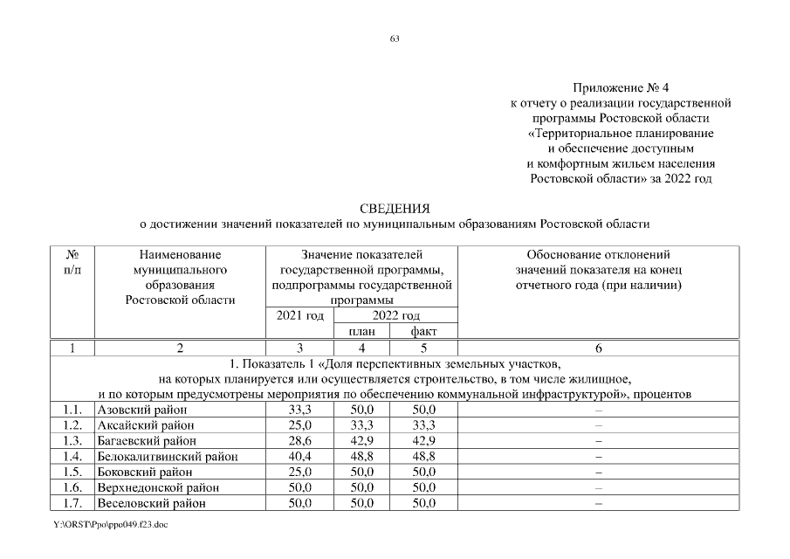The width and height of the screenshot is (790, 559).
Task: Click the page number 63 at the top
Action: point(395,37)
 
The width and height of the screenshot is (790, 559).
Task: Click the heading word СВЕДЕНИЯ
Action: point(395,209)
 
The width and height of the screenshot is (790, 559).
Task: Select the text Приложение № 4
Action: point(621,88)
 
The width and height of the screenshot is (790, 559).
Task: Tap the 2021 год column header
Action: point(299,315)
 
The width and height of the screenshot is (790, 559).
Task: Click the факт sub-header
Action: point(423,331)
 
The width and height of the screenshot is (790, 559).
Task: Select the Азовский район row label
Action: point(140,409)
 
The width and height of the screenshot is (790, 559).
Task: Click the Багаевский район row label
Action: point(145,440)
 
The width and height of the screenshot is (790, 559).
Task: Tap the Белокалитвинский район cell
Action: point(167,456)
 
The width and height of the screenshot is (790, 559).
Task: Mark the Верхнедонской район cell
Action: point(157,487)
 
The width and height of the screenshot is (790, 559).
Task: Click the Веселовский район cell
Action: point(150,503)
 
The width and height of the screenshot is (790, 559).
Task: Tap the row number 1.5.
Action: point(72,472)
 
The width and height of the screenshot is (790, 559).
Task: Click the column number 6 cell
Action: point(598,348)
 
